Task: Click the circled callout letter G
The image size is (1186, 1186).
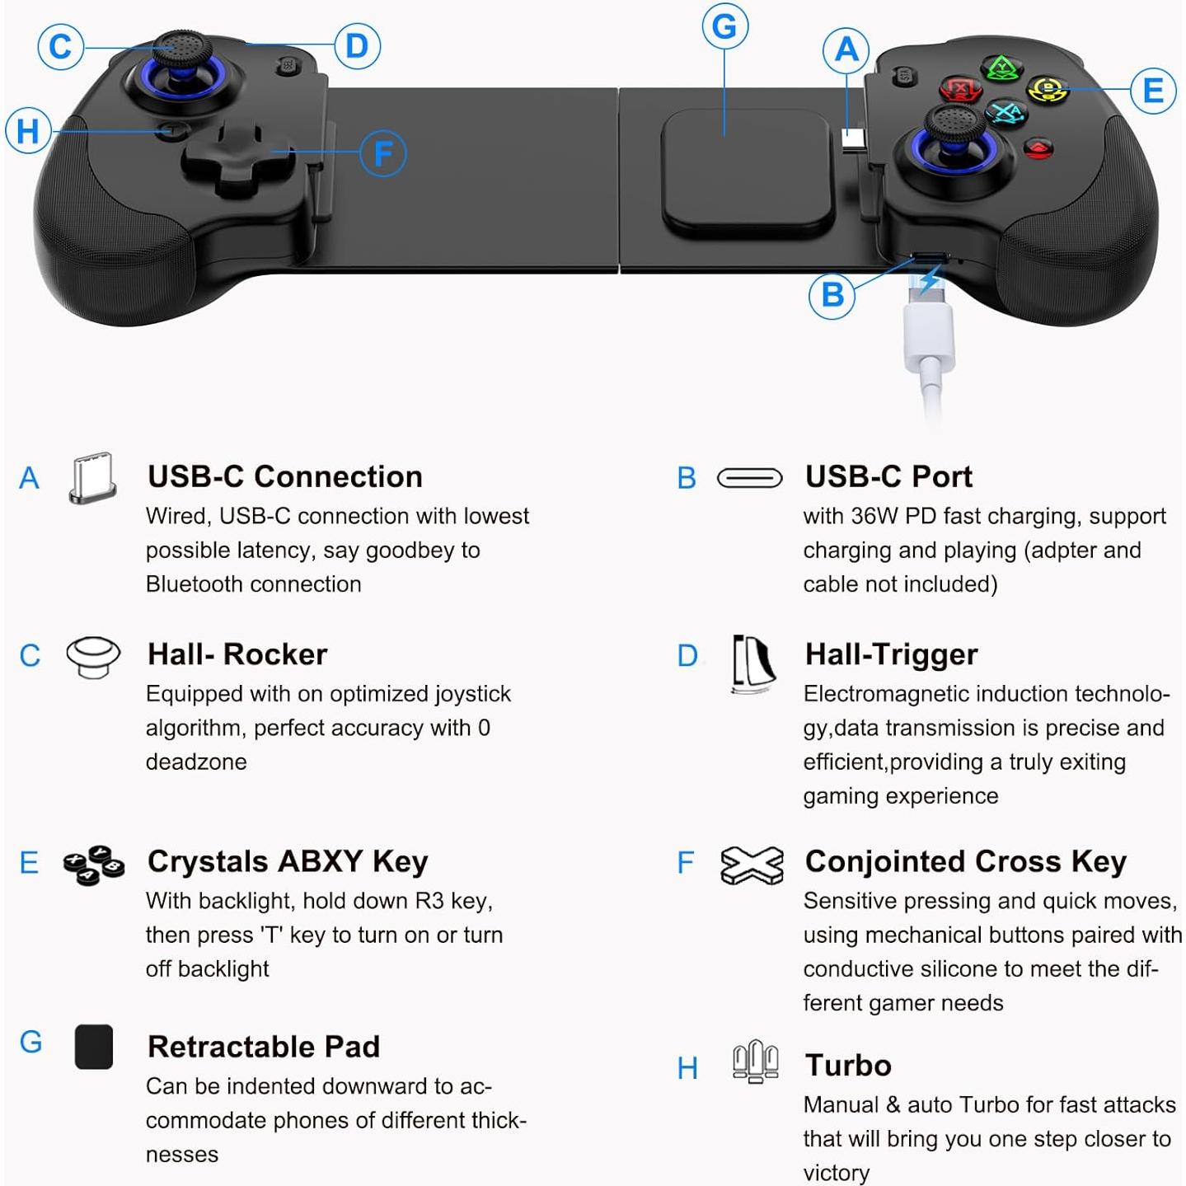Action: [x=724, y=26]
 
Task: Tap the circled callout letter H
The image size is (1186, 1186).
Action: [x=28, y=131]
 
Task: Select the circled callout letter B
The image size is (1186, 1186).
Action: [x=832, y=294]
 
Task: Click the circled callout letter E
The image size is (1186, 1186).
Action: [x=1153, y=90]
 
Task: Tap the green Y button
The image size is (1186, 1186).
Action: [x=1001, y=68]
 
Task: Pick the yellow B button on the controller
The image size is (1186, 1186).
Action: [x=1048, y=88]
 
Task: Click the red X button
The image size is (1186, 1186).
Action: [x=960, y=88]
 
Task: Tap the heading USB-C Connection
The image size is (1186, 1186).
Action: [x=284, y=476]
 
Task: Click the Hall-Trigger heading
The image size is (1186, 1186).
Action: [x=891, y=654]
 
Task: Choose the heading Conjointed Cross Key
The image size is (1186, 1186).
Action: [x=965, y=861]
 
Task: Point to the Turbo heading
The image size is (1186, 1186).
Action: [x=848, y=1066]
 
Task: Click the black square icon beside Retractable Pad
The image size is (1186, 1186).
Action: [x=94, y=1047]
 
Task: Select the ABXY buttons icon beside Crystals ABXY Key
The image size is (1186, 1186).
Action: [x=94, y=865]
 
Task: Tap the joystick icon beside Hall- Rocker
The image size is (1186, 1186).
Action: [x=93, y=657]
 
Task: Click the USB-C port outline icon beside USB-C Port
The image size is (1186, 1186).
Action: [x=749, y=478]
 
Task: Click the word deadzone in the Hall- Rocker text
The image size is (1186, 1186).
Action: [x=196, y=762]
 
